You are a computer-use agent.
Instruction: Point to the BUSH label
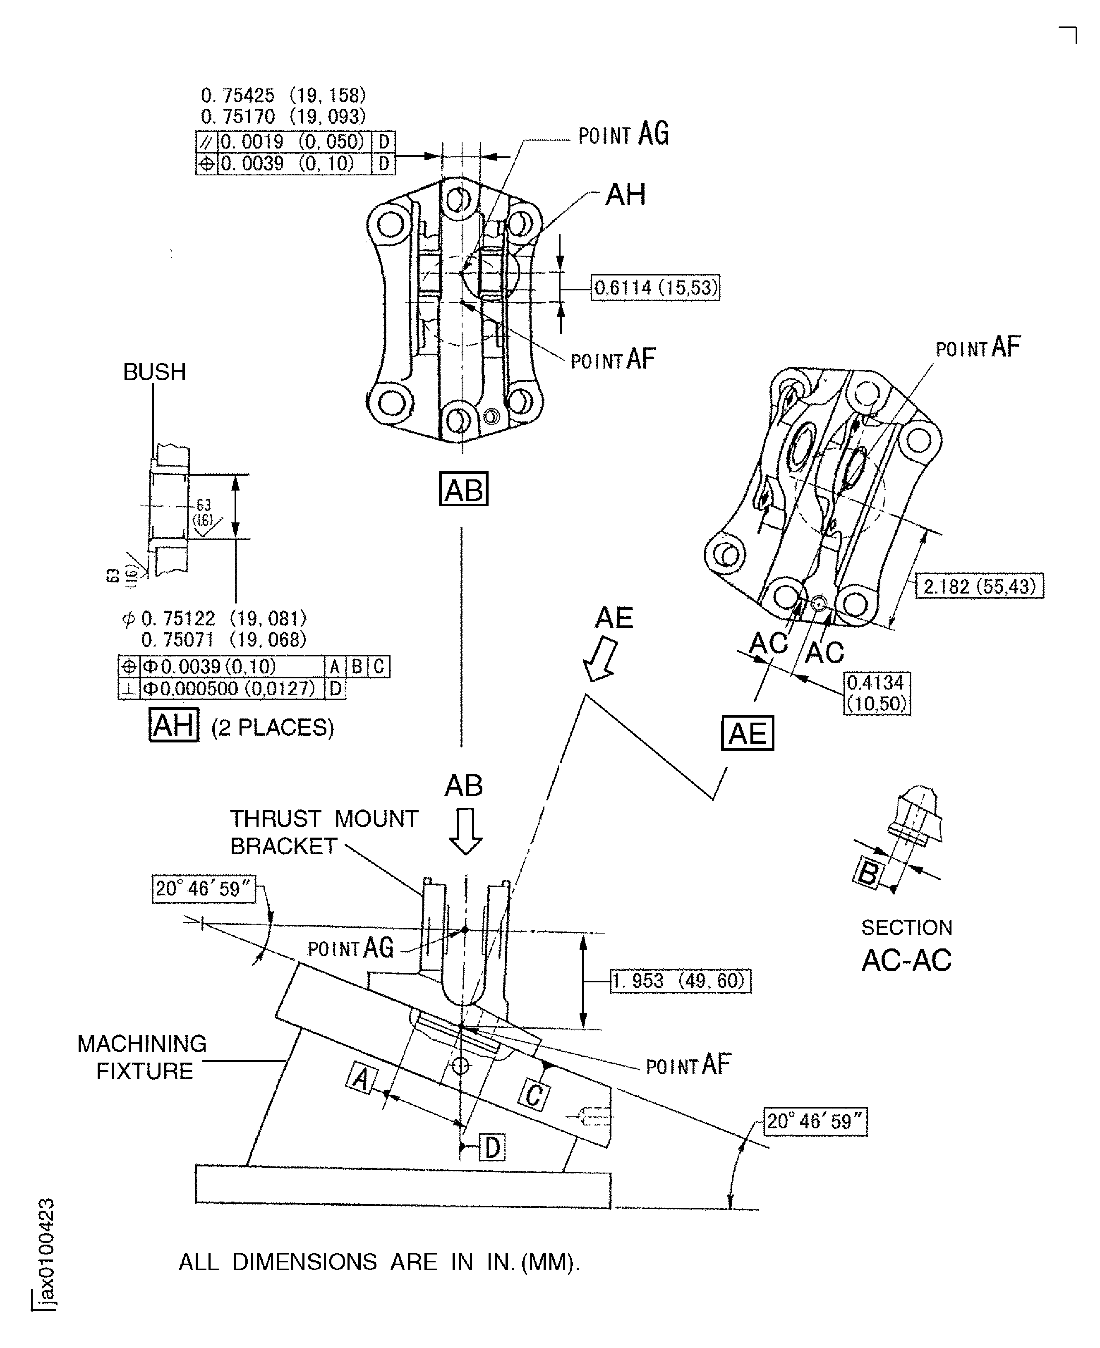(x=155, y=372)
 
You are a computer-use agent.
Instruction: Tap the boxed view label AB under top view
(x=463, y=489)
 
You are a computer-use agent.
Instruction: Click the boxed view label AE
(x=747, y=733)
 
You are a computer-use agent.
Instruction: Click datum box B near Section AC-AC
(x=868, y=873)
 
